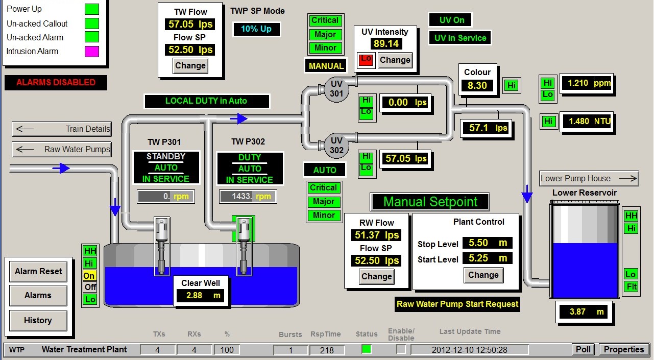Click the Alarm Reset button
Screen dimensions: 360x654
pyautogui.click(x=38, y=272)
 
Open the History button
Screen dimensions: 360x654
pyautogui.click(x=38, y=320)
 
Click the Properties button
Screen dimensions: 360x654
pyautogui.click(x=624, y=350)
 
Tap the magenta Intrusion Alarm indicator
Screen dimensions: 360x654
pyautogui.click(x=92, y=51)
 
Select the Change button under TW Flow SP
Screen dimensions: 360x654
pyautogui.click(x=190, y=66)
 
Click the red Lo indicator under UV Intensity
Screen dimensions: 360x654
pyautogui.click(x=366, y=60)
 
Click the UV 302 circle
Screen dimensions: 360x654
pyautogui.click(x=336, y=146)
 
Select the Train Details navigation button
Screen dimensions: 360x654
pyautogui.click(x=62, y=129)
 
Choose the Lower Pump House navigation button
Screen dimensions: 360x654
pyautogui.click(x=589, y=179)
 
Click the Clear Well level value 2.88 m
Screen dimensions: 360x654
pyautogui.click(x=201, y=296)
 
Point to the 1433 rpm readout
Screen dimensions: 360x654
pyautogui.click(x=248, y=197)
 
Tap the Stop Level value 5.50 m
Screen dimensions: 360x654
pyautogui.click(x=488, y=243)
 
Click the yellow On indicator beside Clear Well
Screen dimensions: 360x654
pyautogui.click(x=90, y=275)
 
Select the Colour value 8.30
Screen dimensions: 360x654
pyautogui.click(x=477, y=85)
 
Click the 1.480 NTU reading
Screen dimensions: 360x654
pyautogui.click(x=586, y=122)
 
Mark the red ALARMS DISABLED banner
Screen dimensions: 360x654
pyautogui.click(x=56, y=83)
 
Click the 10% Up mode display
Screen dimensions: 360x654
pyautogui.click(x=256, y=29)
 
